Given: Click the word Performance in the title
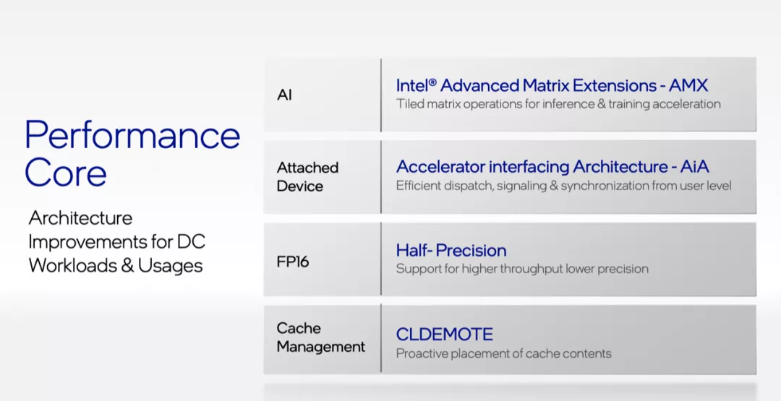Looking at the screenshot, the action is [132, 135].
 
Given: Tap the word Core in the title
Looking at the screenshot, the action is [66, 173].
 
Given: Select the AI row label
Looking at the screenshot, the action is [284, 95].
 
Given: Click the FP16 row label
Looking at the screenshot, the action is [293, 262].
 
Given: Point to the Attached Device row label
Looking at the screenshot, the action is [308, 176].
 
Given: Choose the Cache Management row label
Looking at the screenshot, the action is [321, 337].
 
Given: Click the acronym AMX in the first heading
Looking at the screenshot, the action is [688, 85].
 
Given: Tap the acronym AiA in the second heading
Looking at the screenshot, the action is [695, 167].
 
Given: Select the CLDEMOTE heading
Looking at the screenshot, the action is [445, 334].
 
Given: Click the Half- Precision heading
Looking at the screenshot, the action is [451, 250].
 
